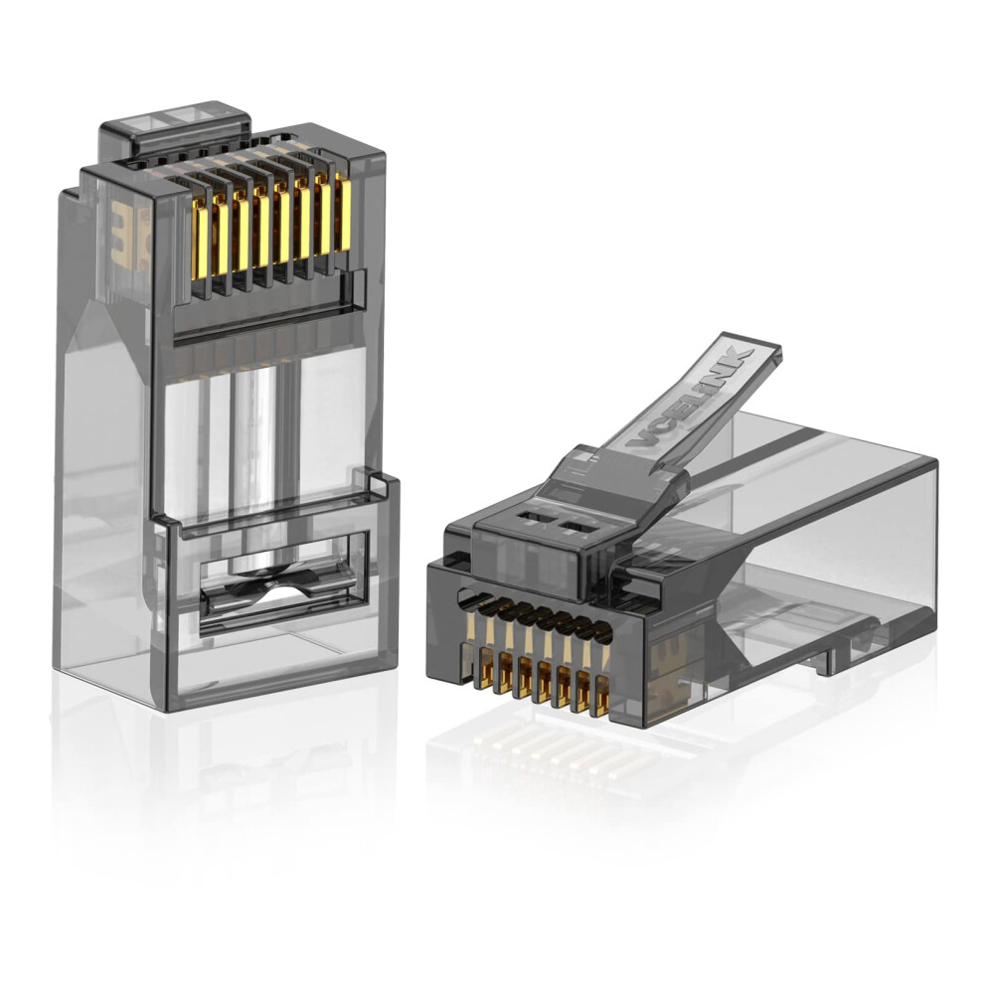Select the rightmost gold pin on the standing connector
(x=343, y=214)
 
